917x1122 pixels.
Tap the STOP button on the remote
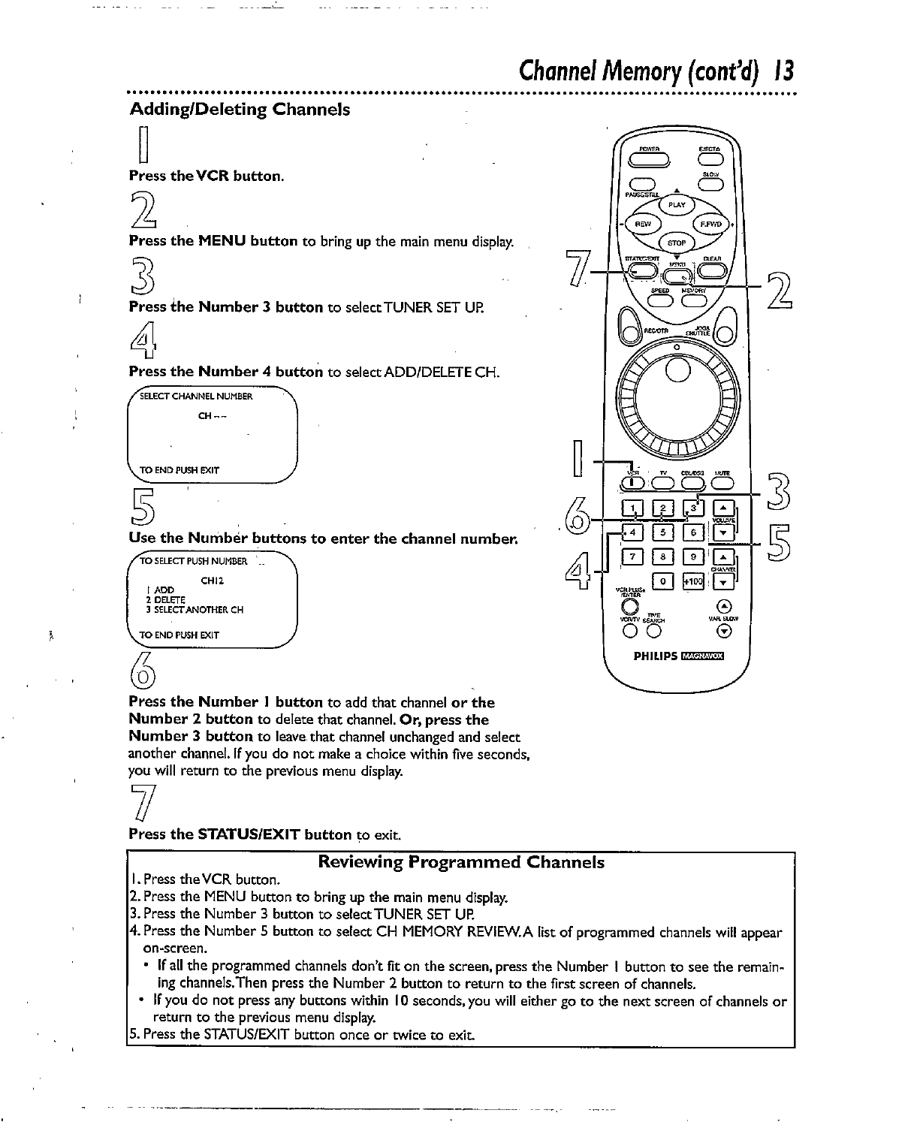(x=676, y=243)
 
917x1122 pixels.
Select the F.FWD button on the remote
(x=710, y=224)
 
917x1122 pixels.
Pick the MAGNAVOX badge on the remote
(x=701, y=656)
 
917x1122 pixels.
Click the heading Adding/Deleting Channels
(x=240, y=110)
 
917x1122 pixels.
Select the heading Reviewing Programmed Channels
(x=461, y=862)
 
